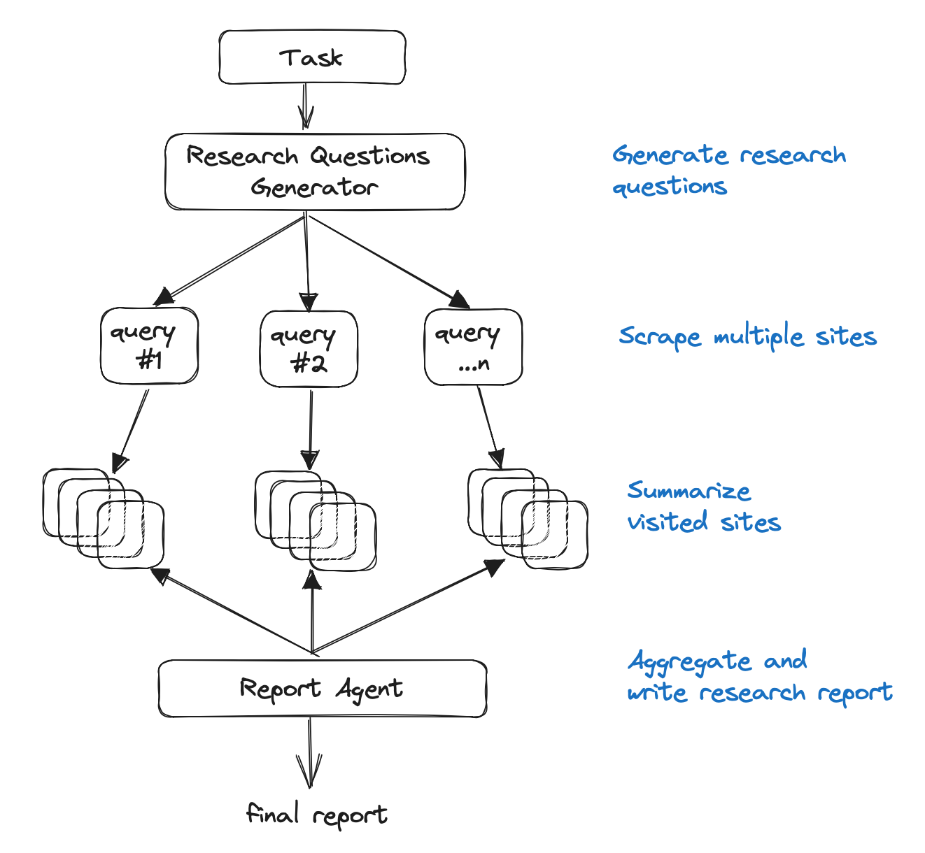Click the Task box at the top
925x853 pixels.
[x=312, y=57]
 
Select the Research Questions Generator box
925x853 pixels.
[x=314, y=171]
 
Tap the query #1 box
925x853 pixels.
[x=149, y=346]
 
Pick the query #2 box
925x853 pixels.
[x=309, y=349]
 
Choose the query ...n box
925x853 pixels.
[x=473, y=347]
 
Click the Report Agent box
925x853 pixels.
[x=322, y=689]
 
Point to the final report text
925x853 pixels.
[x=317, y=815]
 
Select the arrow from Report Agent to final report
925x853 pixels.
[x=309, y=752]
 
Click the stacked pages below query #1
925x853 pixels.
[x=104, y=518]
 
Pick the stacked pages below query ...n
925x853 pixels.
[x=528, y=518]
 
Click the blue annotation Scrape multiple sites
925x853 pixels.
[x=747, y=337]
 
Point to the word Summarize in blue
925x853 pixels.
[x=689, y=491]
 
